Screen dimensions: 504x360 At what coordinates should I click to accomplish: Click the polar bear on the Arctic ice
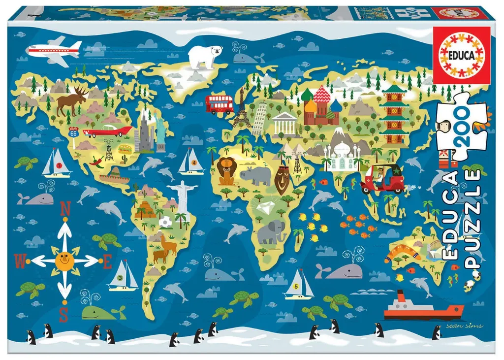pos(205,57)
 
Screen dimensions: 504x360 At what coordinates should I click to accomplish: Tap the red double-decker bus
pos(219,104)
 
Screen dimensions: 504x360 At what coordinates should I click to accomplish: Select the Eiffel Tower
pos(241,112)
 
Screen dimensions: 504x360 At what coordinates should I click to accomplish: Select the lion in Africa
pos(227,171)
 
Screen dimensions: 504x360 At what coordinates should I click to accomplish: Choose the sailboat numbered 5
pos(298,285)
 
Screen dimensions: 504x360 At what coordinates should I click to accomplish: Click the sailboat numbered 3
pos(124,276)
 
